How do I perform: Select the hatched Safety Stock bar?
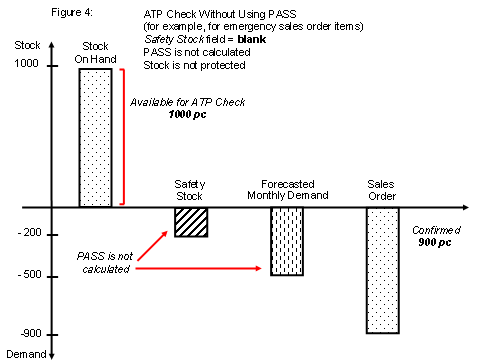pyautogui.click(x=190, y=222)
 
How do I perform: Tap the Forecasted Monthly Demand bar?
pyautogui.click(x=287, y=241)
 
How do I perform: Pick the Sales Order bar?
pyautogui.click(x=382, y=270)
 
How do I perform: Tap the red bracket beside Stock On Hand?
pyautogui.click(x=122, y=136)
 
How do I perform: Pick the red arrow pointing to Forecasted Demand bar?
pyautogui.click(x=200, y=269)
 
